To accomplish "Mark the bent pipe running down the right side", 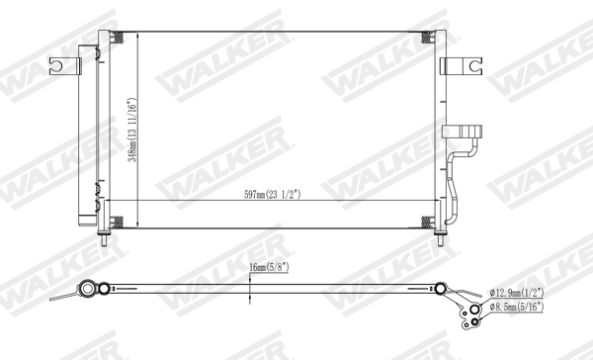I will click(455, 183).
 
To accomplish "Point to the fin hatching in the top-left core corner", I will click(117, 39).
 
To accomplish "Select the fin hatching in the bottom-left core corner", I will click(117, 221).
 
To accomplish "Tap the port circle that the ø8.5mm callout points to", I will click(474, 309).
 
